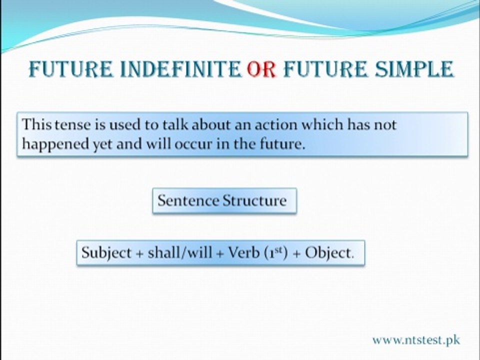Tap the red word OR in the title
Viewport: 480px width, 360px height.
[x=261, y=69]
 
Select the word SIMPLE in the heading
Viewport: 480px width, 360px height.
[x=414, y=69]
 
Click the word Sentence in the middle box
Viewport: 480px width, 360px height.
[x=188, y=201]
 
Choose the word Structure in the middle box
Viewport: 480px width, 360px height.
[x=254, y=201]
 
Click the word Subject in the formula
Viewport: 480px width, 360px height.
[x=106, y=253]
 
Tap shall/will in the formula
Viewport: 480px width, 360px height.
[x=180, y=252]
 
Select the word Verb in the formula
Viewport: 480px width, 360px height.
[x=244, y=252]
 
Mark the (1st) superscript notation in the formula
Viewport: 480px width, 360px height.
[x=275, y=253]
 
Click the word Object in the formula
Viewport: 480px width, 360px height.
[x=328, y=253]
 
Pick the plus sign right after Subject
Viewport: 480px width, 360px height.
[x=139, y=254]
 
